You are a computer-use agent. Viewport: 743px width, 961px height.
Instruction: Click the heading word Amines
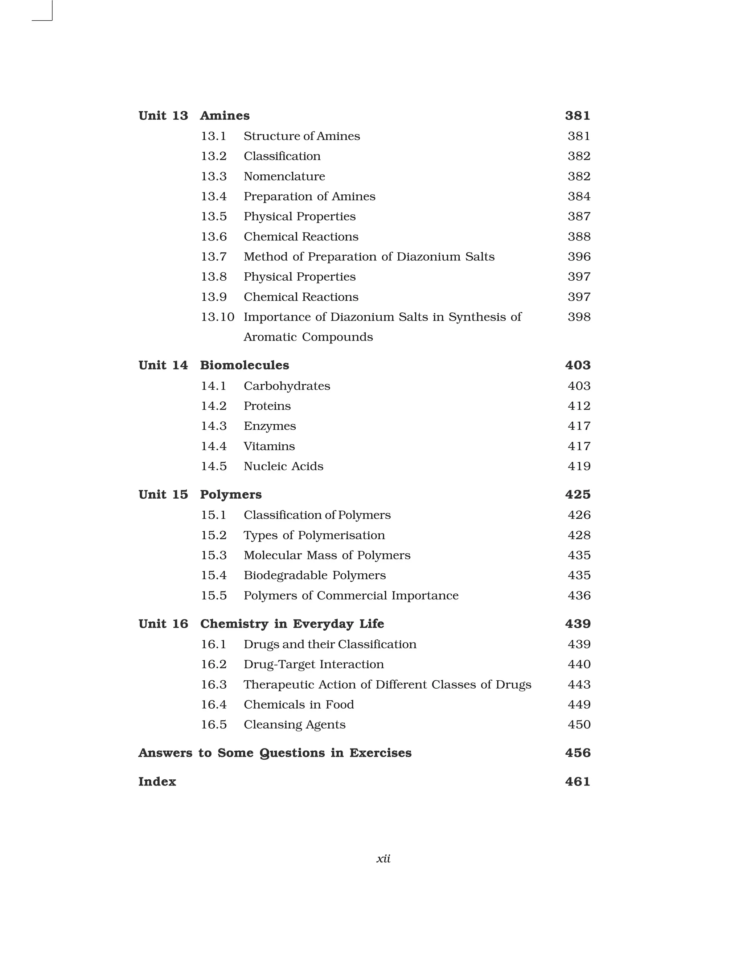point(225,116)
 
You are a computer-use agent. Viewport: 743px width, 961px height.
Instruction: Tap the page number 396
point(579,256)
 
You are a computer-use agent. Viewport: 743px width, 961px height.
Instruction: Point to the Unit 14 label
point(163,365)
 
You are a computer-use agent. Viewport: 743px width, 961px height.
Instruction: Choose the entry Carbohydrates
point(287,386)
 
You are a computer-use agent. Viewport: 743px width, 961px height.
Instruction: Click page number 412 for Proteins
point(579,406)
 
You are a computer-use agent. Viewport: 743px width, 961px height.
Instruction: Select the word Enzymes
point(270,426)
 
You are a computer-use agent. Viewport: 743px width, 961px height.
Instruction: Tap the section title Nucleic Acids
point(283,466)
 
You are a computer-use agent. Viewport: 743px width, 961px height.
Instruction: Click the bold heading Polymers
point(231,495)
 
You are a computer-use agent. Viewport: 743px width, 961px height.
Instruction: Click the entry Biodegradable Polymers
point(314,576)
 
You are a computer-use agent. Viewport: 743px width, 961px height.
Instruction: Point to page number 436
point(579,595)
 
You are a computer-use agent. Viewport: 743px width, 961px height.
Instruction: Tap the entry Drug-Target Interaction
point(313,664)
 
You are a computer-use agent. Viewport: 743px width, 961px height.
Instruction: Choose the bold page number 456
point(578,753)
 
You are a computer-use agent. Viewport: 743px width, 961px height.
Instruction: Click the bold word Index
point(157,781)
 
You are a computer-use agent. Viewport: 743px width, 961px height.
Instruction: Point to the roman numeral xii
point(383,858)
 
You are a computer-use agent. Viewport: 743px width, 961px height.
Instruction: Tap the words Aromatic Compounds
point(308,337)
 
